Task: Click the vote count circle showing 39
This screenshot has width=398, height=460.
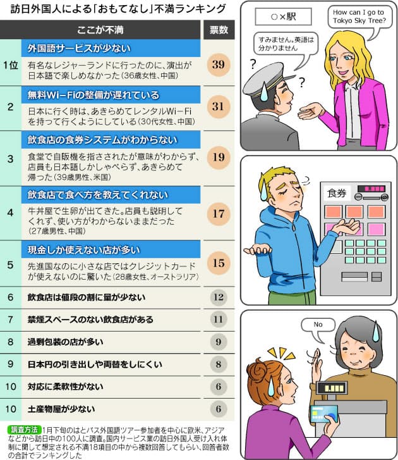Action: [x=219, y=65]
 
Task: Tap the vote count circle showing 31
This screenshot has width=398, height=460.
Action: [x=219, y=107]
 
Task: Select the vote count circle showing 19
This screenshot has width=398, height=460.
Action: [x=219, y=158]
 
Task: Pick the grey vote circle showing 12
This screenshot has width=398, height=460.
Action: [x=219, y=297]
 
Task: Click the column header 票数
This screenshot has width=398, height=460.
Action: [x=219, y=30]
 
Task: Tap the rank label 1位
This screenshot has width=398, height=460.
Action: [x=11, y=65]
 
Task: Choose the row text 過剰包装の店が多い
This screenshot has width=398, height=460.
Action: [x=65, y=342]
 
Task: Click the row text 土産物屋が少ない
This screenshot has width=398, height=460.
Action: [x=61, y=409]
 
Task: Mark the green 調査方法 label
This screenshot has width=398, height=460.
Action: [x=24, y=430]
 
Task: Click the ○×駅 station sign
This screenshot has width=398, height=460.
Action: [x=283, y=16]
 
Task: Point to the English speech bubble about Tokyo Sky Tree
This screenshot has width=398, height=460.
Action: [x=359, y=18]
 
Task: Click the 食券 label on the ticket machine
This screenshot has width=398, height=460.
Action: [x=337, y=194]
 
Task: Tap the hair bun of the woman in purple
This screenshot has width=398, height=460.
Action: [x=258, y=371]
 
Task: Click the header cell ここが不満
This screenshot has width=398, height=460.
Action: [x=100, y=30]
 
